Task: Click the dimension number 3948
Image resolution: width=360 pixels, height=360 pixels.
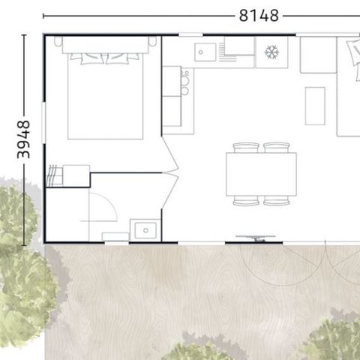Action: pyautogui.click(x=23, y=139)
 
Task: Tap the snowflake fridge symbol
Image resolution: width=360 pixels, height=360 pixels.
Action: pyautogui.click(x=272, y=52)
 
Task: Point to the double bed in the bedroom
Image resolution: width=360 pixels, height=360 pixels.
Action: pyautogui.click(x=105, y=94)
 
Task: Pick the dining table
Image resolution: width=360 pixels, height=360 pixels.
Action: pyautogui.click(x=260, y=174)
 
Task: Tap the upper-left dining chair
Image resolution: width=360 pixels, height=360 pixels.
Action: pyautogui.click(x=245, y=148)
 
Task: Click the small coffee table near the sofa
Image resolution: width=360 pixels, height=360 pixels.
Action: pyautogui.click(x=315, y=105)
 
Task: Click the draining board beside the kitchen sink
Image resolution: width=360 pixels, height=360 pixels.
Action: pyautogui.click(x=238, y=52)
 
